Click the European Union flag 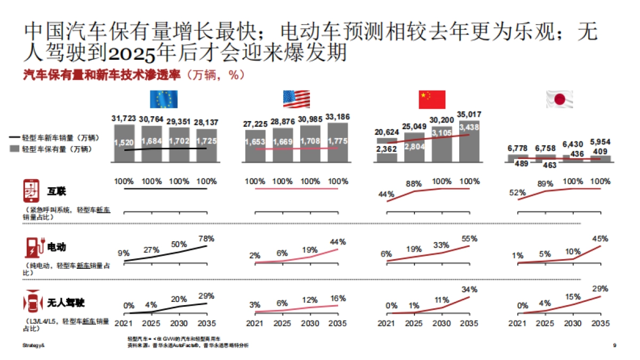tap(164, 100)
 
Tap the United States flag tap(296, 99)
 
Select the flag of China tap(431, 100)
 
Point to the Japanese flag tap(559, 100)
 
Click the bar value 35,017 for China tap(469, 114)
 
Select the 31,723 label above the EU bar tap(124, 117)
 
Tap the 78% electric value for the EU tap(206, 238)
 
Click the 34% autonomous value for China tap(469, 290)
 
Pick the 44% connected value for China tap(387, 194)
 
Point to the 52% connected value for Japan tap(517, 193)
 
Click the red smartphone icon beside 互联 tap(30, 190)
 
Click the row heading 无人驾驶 tap(66, 303)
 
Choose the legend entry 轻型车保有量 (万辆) tap(55, 149)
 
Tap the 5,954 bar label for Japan tap(601, 142)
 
